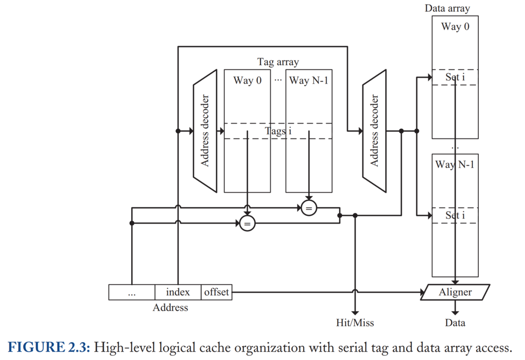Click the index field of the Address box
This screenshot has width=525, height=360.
178,292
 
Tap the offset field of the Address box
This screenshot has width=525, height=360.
216,292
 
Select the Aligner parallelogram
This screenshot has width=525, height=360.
455,292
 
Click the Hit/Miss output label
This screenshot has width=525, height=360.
355,323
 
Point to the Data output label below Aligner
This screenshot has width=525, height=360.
455,323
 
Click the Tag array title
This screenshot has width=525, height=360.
278,62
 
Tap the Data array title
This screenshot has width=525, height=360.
447,8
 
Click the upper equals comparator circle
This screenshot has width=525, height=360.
309,208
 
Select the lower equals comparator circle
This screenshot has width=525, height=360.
247,224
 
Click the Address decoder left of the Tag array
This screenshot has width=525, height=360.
205,131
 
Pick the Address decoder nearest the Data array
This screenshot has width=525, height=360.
374,131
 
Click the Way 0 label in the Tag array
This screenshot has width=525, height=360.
248,81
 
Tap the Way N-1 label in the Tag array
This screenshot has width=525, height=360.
309,81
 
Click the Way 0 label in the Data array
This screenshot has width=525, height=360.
455,27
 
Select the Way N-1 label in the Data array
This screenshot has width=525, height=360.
455,165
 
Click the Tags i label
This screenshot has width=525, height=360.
278,131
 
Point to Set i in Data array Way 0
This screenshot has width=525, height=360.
455,77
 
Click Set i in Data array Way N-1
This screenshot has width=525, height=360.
455,215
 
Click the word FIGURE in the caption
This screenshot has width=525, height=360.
36,347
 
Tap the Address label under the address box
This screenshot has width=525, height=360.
170,307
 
